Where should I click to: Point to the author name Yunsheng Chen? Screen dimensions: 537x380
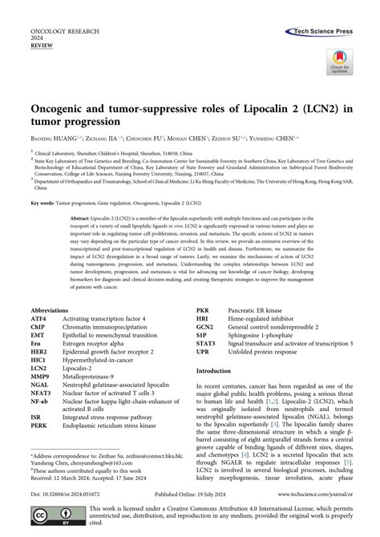click(x=309, y=138)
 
